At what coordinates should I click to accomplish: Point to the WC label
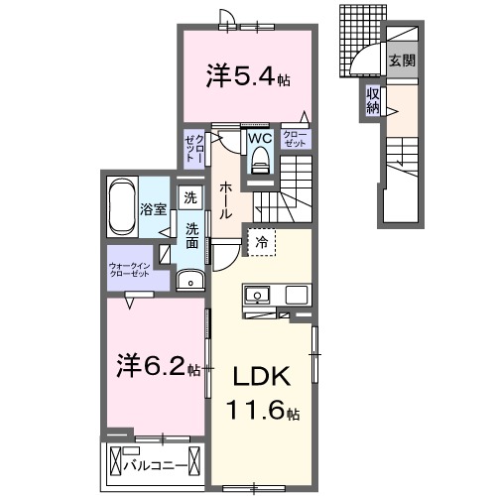[259, 138]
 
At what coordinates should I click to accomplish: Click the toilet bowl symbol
[262, 159]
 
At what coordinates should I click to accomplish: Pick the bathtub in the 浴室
[122, 207]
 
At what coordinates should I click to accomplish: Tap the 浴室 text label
[153, 209]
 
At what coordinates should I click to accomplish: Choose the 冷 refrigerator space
[261, 241]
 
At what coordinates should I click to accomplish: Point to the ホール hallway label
[227, 199]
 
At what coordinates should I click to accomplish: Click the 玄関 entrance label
[401, 60]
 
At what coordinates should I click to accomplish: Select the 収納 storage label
[373, 100]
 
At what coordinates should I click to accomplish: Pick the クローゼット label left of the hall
[193, 148]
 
